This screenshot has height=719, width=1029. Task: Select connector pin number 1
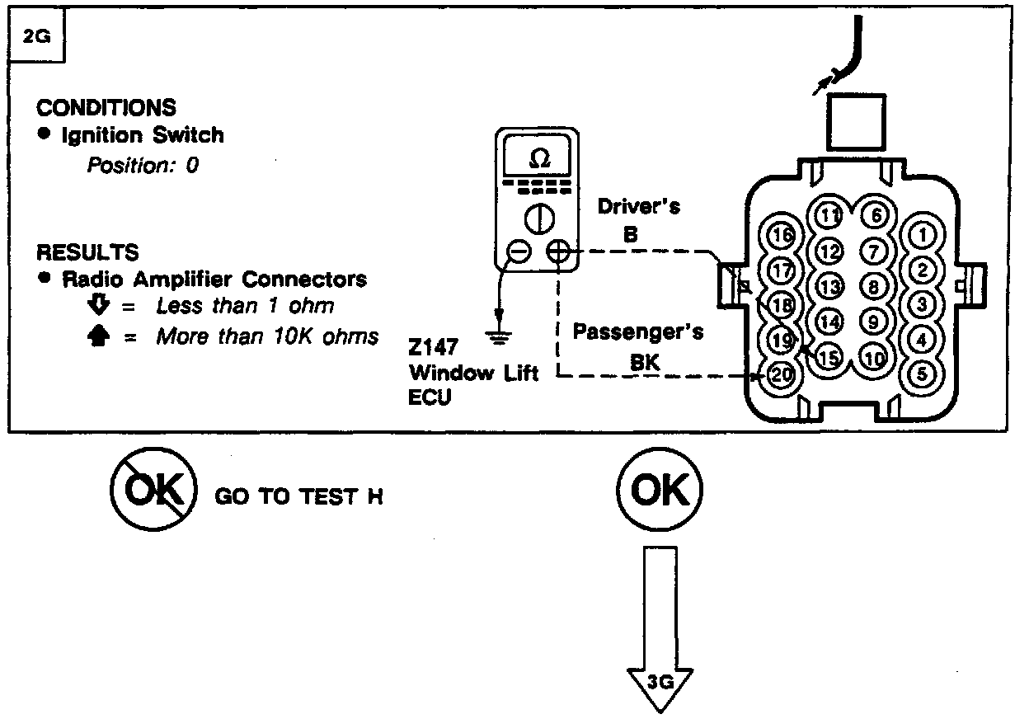923,235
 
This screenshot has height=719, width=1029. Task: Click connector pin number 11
829,216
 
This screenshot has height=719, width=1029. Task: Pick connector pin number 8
874,286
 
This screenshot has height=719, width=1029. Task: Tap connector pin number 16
781,236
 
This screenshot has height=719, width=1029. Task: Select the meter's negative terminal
518,251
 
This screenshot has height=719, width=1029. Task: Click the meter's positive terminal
558,251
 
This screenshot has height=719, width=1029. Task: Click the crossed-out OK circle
153,493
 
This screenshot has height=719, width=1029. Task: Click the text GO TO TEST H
298,497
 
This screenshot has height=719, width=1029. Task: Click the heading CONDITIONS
106,107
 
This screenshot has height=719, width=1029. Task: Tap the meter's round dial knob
538,218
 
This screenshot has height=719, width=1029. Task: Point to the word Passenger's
638,332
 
